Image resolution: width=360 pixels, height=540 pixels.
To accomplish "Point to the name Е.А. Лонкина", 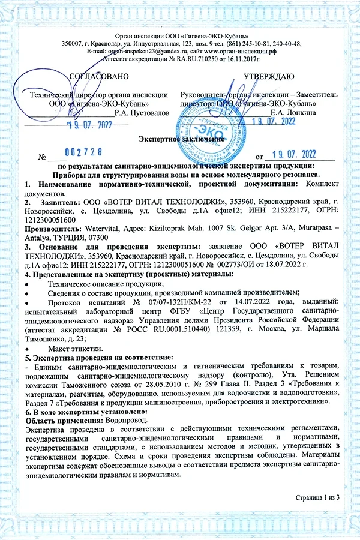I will pos(293,112).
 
